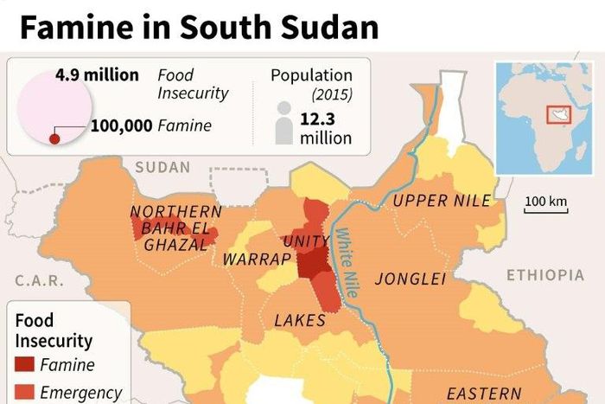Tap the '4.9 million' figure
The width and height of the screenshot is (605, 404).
pyautogui.click(x=97, y=75)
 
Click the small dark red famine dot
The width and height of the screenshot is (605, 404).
pyautogui.click(x=54, y=138)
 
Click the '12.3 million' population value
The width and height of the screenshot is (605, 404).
pyautogui.click(x=326, y=128)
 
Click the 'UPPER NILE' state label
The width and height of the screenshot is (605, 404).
pyautogui.click(x=442, y=202)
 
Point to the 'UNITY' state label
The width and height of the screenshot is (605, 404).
pyautogui.click(x=306, y=241)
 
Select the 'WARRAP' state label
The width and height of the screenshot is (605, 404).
pyautogui.click(x=252, y=260)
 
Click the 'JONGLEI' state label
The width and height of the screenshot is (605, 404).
pyautogui.click(x=410, y=279)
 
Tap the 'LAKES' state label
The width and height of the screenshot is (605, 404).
pyautogui.click(x=299, y=320)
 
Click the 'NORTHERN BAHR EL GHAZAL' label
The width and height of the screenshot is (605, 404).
pyautogui.click(x=175, y=228)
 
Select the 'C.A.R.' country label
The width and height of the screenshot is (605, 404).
pyautogui.click(x=35, y=280)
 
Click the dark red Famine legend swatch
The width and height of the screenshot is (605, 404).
pyautogui.click(x=25, y=365)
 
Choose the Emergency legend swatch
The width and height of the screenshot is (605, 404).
pyautogui.click(x=25, y=392)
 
